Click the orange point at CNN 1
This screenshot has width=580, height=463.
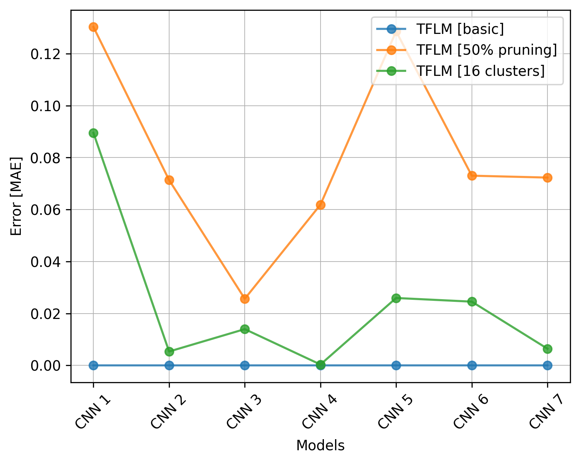93,27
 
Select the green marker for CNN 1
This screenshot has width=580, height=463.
93,133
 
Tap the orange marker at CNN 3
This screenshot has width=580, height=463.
245,299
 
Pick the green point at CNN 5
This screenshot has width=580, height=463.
396,298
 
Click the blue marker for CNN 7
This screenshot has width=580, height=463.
547,365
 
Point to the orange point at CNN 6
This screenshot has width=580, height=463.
472,176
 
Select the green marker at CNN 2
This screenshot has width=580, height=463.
169,352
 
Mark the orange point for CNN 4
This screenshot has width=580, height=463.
321,205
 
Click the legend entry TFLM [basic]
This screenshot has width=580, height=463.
460,29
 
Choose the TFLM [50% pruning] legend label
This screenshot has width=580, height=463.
486,50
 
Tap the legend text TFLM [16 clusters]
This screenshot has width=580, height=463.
480,71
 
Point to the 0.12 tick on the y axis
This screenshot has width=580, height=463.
46,54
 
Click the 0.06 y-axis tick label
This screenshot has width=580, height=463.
46,210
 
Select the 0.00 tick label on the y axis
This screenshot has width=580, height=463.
46,366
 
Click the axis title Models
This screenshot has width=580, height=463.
320,446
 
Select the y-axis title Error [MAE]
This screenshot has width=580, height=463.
16,196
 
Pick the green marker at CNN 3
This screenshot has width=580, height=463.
245,329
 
